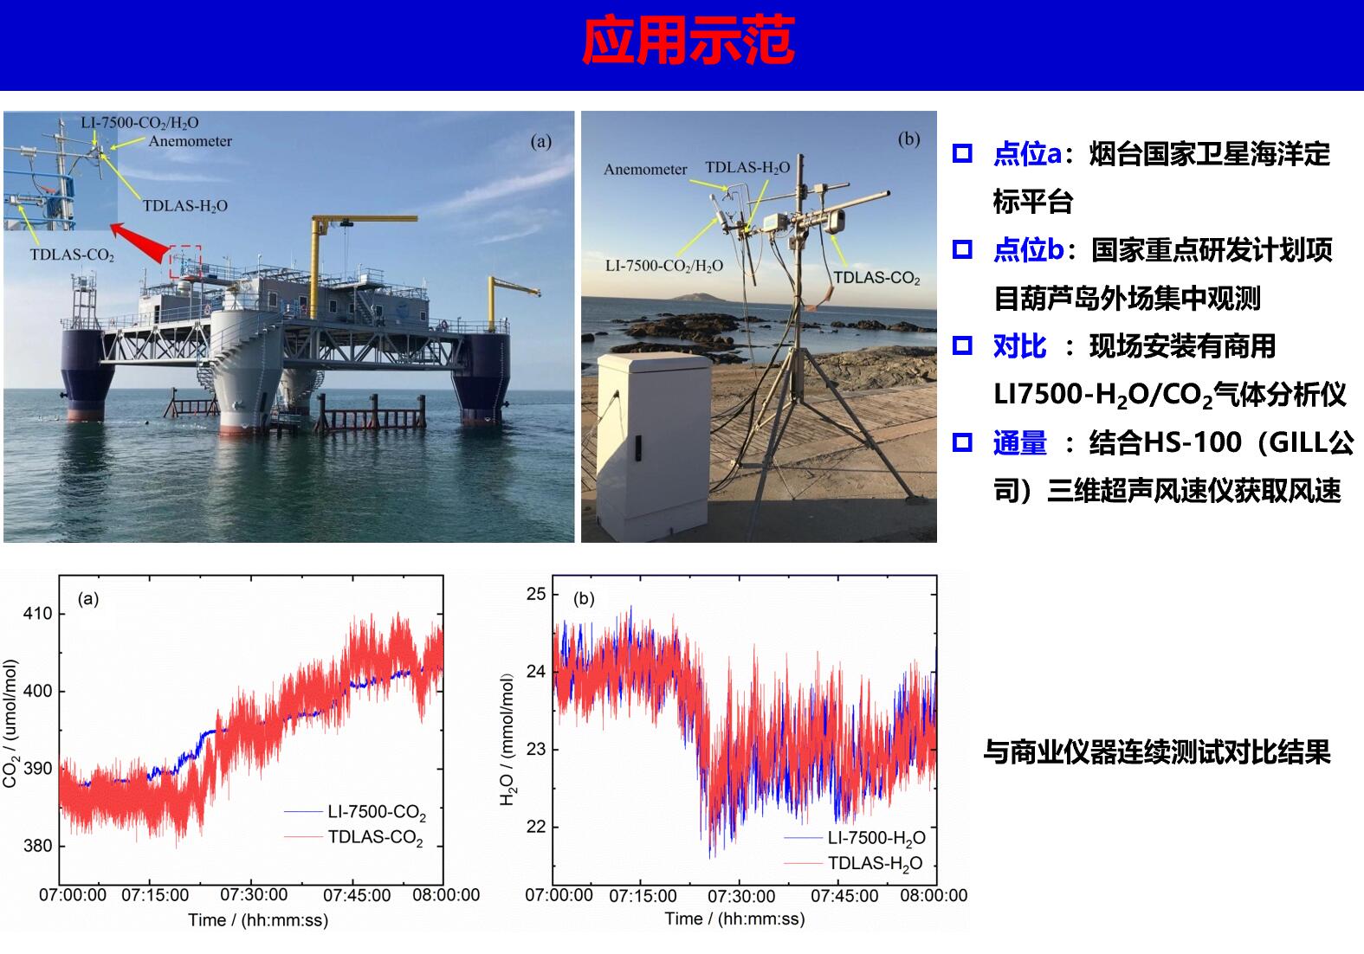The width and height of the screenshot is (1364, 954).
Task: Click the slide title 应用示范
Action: tap(688, 40)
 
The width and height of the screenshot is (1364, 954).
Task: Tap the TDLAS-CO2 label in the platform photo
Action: tap(73, 255)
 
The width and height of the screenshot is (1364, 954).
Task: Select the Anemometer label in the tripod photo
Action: tap(645, 170)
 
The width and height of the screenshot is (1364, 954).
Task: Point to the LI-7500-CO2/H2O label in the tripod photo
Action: tap(664, 266)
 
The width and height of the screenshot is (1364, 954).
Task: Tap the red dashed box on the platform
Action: tap(185, 261)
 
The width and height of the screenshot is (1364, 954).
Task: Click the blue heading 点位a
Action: tap(1027, 153)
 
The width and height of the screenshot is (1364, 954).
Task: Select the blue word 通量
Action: tap(1020, 442)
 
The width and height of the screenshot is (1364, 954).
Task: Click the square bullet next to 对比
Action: tap(962, 345)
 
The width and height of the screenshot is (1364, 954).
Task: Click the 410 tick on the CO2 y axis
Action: tap(38, 614)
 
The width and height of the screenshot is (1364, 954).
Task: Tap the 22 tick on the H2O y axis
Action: tap(536, 827)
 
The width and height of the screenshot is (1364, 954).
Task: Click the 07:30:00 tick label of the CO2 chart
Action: tap(254, 895)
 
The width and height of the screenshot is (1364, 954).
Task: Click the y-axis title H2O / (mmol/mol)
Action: tap(507, 739)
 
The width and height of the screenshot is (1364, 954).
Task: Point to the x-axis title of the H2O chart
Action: tap(734, 919)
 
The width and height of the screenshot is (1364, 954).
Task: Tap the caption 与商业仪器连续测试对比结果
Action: tap(1157, 752)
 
